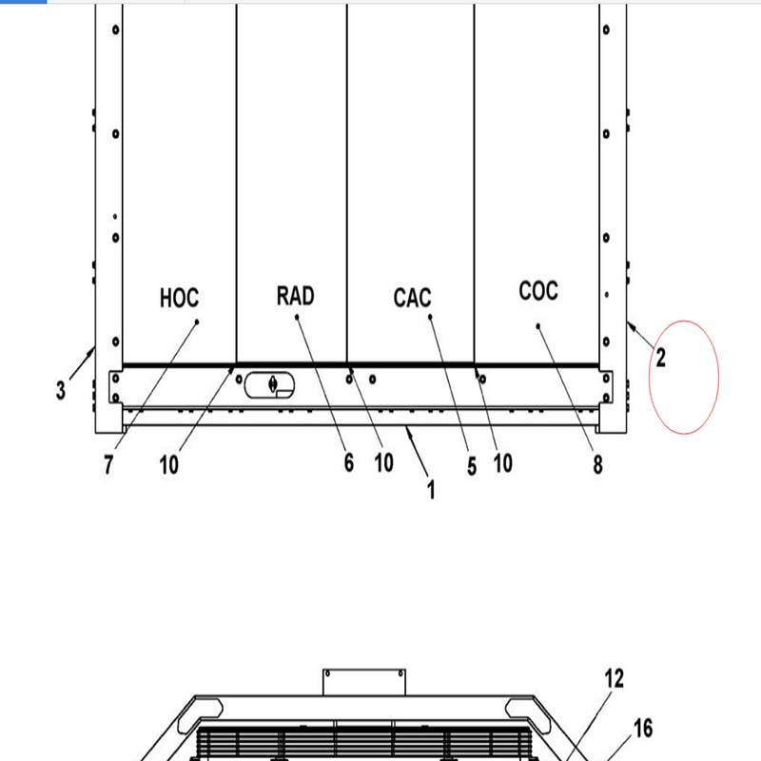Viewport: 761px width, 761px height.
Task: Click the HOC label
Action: pos(179,298)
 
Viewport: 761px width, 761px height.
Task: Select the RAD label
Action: pos(295,296)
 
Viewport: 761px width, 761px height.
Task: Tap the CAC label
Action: pos(412,298)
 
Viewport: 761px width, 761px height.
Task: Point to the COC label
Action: pos(538,291)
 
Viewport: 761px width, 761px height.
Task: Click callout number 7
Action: pos(108,464)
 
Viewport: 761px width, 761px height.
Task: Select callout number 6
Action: pos(349,462)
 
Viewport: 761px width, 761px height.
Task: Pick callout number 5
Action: pos(472,466)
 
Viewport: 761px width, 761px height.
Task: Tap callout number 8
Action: pos(598,464)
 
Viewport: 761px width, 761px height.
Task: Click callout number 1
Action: pos(431,489)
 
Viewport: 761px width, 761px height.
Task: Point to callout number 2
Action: pos(660,359)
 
